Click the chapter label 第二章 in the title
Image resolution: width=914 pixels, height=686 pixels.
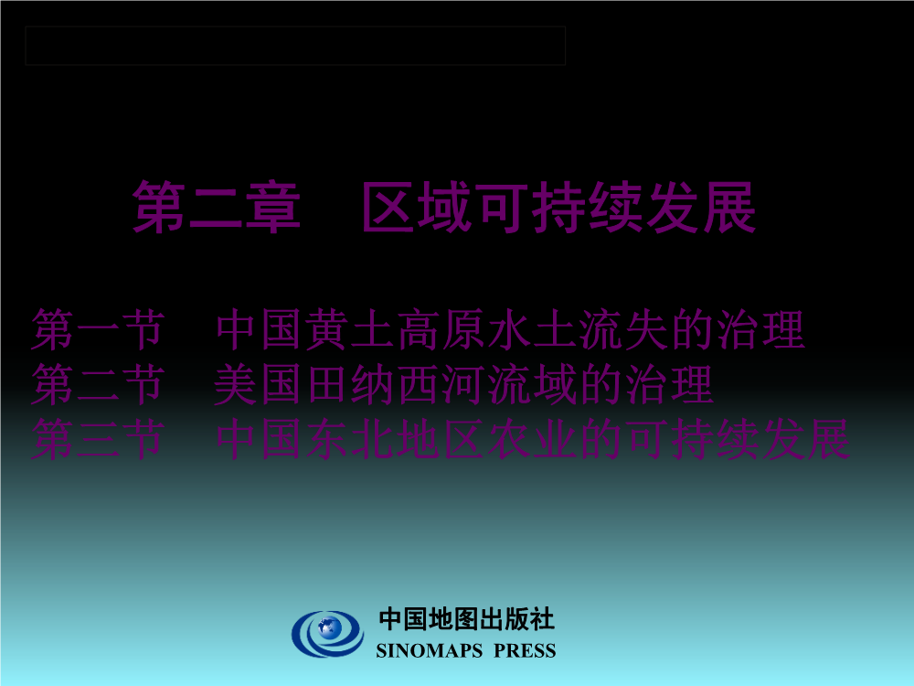[x=217, y=207]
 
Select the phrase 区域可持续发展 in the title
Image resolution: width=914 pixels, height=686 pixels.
[x=559, y=207]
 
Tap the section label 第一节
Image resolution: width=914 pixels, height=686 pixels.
[x=98, y=330]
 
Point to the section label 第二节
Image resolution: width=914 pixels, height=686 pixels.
[x=98, y=384]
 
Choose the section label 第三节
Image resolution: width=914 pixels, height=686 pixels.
[x=98, y=439]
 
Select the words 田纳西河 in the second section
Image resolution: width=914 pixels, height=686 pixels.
[x=397, y=384]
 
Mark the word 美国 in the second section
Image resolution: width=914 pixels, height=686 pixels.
[x=260, y=384]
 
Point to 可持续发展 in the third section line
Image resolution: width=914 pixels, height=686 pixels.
[x=738, y=439]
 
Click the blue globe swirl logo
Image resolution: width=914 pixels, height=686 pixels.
[x=327, y=634]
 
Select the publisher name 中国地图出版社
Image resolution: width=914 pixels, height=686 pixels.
[x=466, y=619]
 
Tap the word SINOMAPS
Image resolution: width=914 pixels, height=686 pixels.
[x=430, y=650]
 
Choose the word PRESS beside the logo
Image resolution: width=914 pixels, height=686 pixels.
[x=525, y=650]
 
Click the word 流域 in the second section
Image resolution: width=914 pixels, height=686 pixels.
[x=533, y=384]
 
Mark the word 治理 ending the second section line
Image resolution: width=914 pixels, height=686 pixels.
[x=670, y=384]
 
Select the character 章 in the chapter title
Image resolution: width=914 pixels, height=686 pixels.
[x=272, y=207]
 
